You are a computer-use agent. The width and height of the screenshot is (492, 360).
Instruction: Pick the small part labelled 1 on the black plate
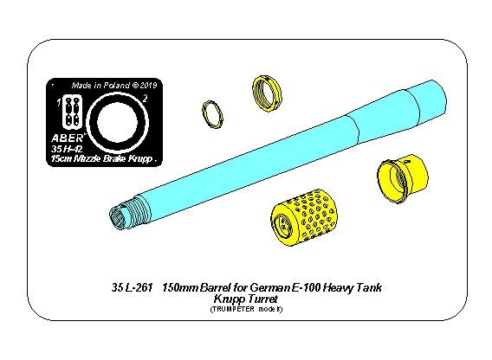(x=72, y=112)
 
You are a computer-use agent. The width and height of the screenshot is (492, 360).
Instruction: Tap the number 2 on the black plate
(x=145, y=99)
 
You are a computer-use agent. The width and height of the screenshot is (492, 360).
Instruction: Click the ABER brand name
(x=68, y=138)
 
